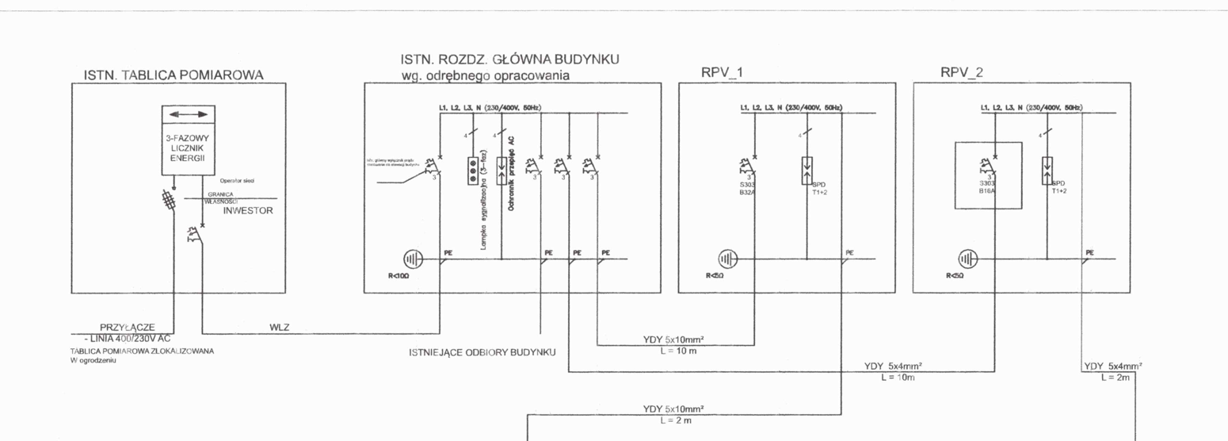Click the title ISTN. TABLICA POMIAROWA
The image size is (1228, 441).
(x=174, y=75)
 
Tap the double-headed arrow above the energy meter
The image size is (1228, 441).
(x=188, y=115)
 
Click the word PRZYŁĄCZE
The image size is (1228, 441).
(x=127, y=326)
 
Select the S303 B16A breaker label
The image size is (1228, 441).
(x=986, y=187)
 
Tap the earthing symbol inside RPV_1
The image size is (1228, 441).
(x=727, y=259)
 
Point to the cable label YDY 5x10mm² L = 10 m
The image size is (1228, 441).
(x=674, y=345)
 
